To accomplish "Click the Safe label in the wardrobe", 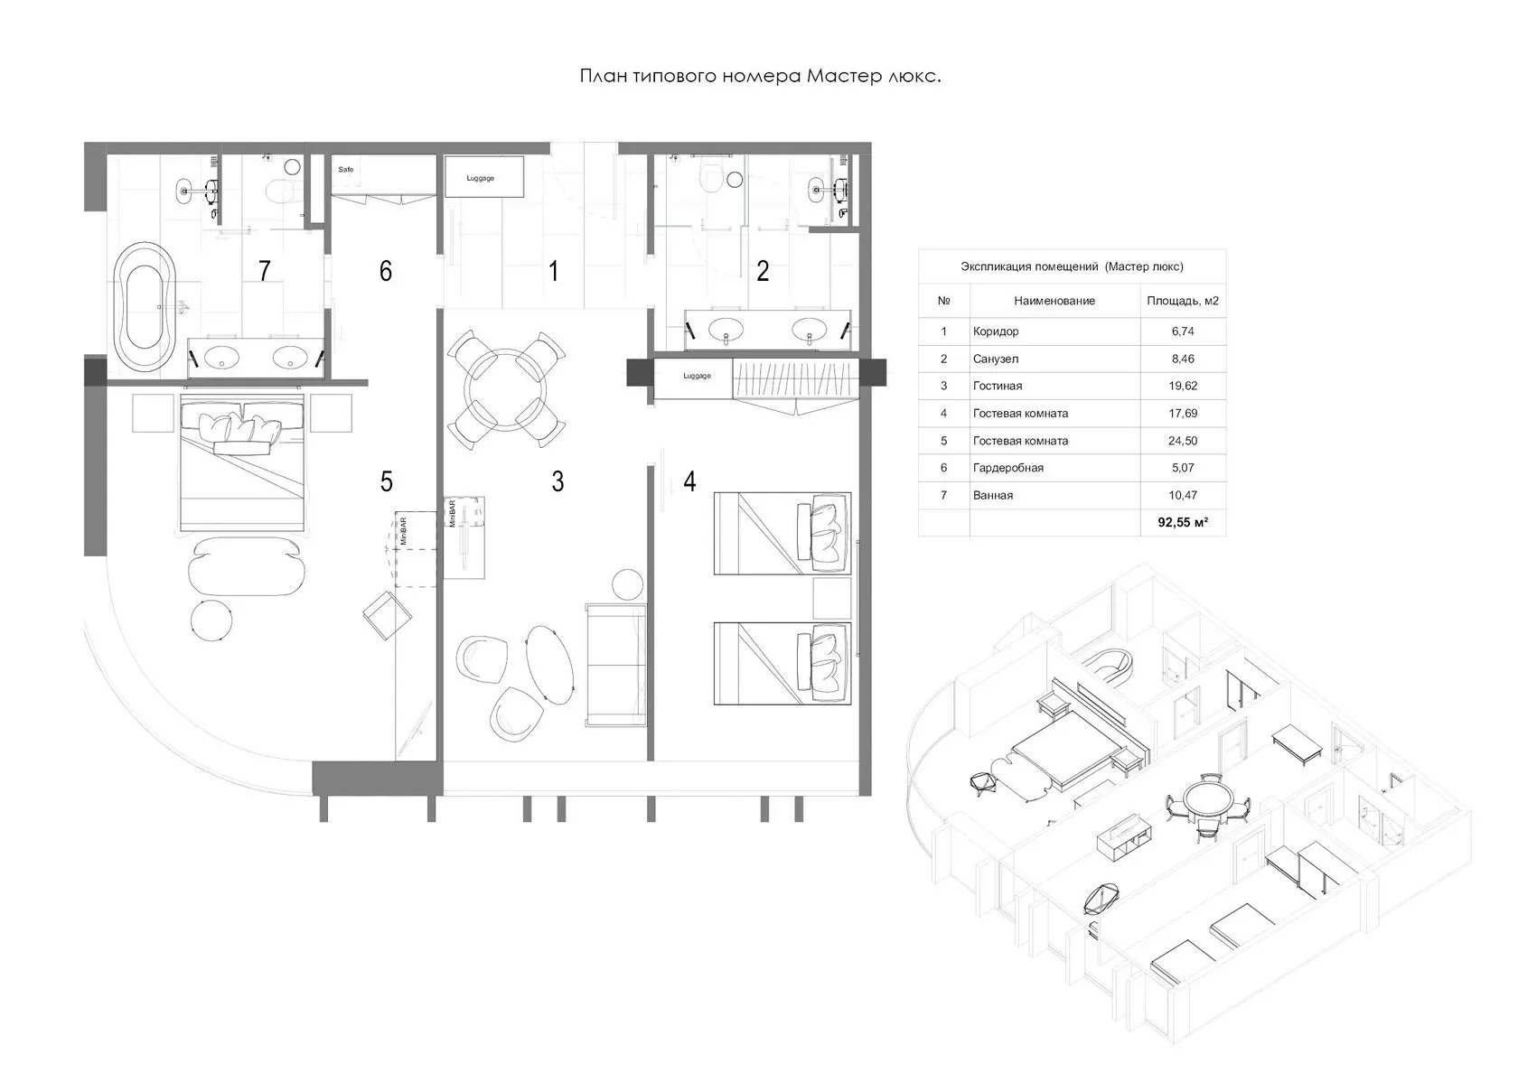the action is pos(345,170).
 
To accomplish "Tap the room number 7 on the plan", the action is pos(264,271).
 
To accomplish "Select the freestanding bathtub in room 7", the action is pos(145,306).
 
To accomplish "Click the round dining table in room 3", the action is pos(505,389).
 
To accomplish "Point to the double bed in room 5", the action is pos(242,463).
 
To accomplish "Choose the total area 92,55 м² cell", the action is pos(1183,522).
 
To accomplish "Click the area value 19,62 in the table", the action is pos(1183,386).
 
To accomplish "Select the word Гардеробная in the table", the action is pos(1007,468).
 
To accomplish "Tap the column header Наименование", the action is pos(1054,301).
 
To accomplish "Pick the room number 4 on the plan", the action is pos(689,481).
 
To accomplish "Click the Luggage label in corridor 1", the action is pos(481,178).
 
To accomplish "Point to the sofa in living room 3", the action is pos(616,665).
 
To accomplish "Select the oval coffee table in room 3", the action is pos(550,665).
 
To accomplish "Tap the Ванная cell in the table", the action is pos(993,495).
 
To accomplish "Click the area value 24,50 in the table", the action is pos(1183,441).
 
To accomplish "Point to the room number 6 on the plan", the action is pos(386,271).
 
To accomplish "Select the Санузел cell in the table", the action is pos(996,359).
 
